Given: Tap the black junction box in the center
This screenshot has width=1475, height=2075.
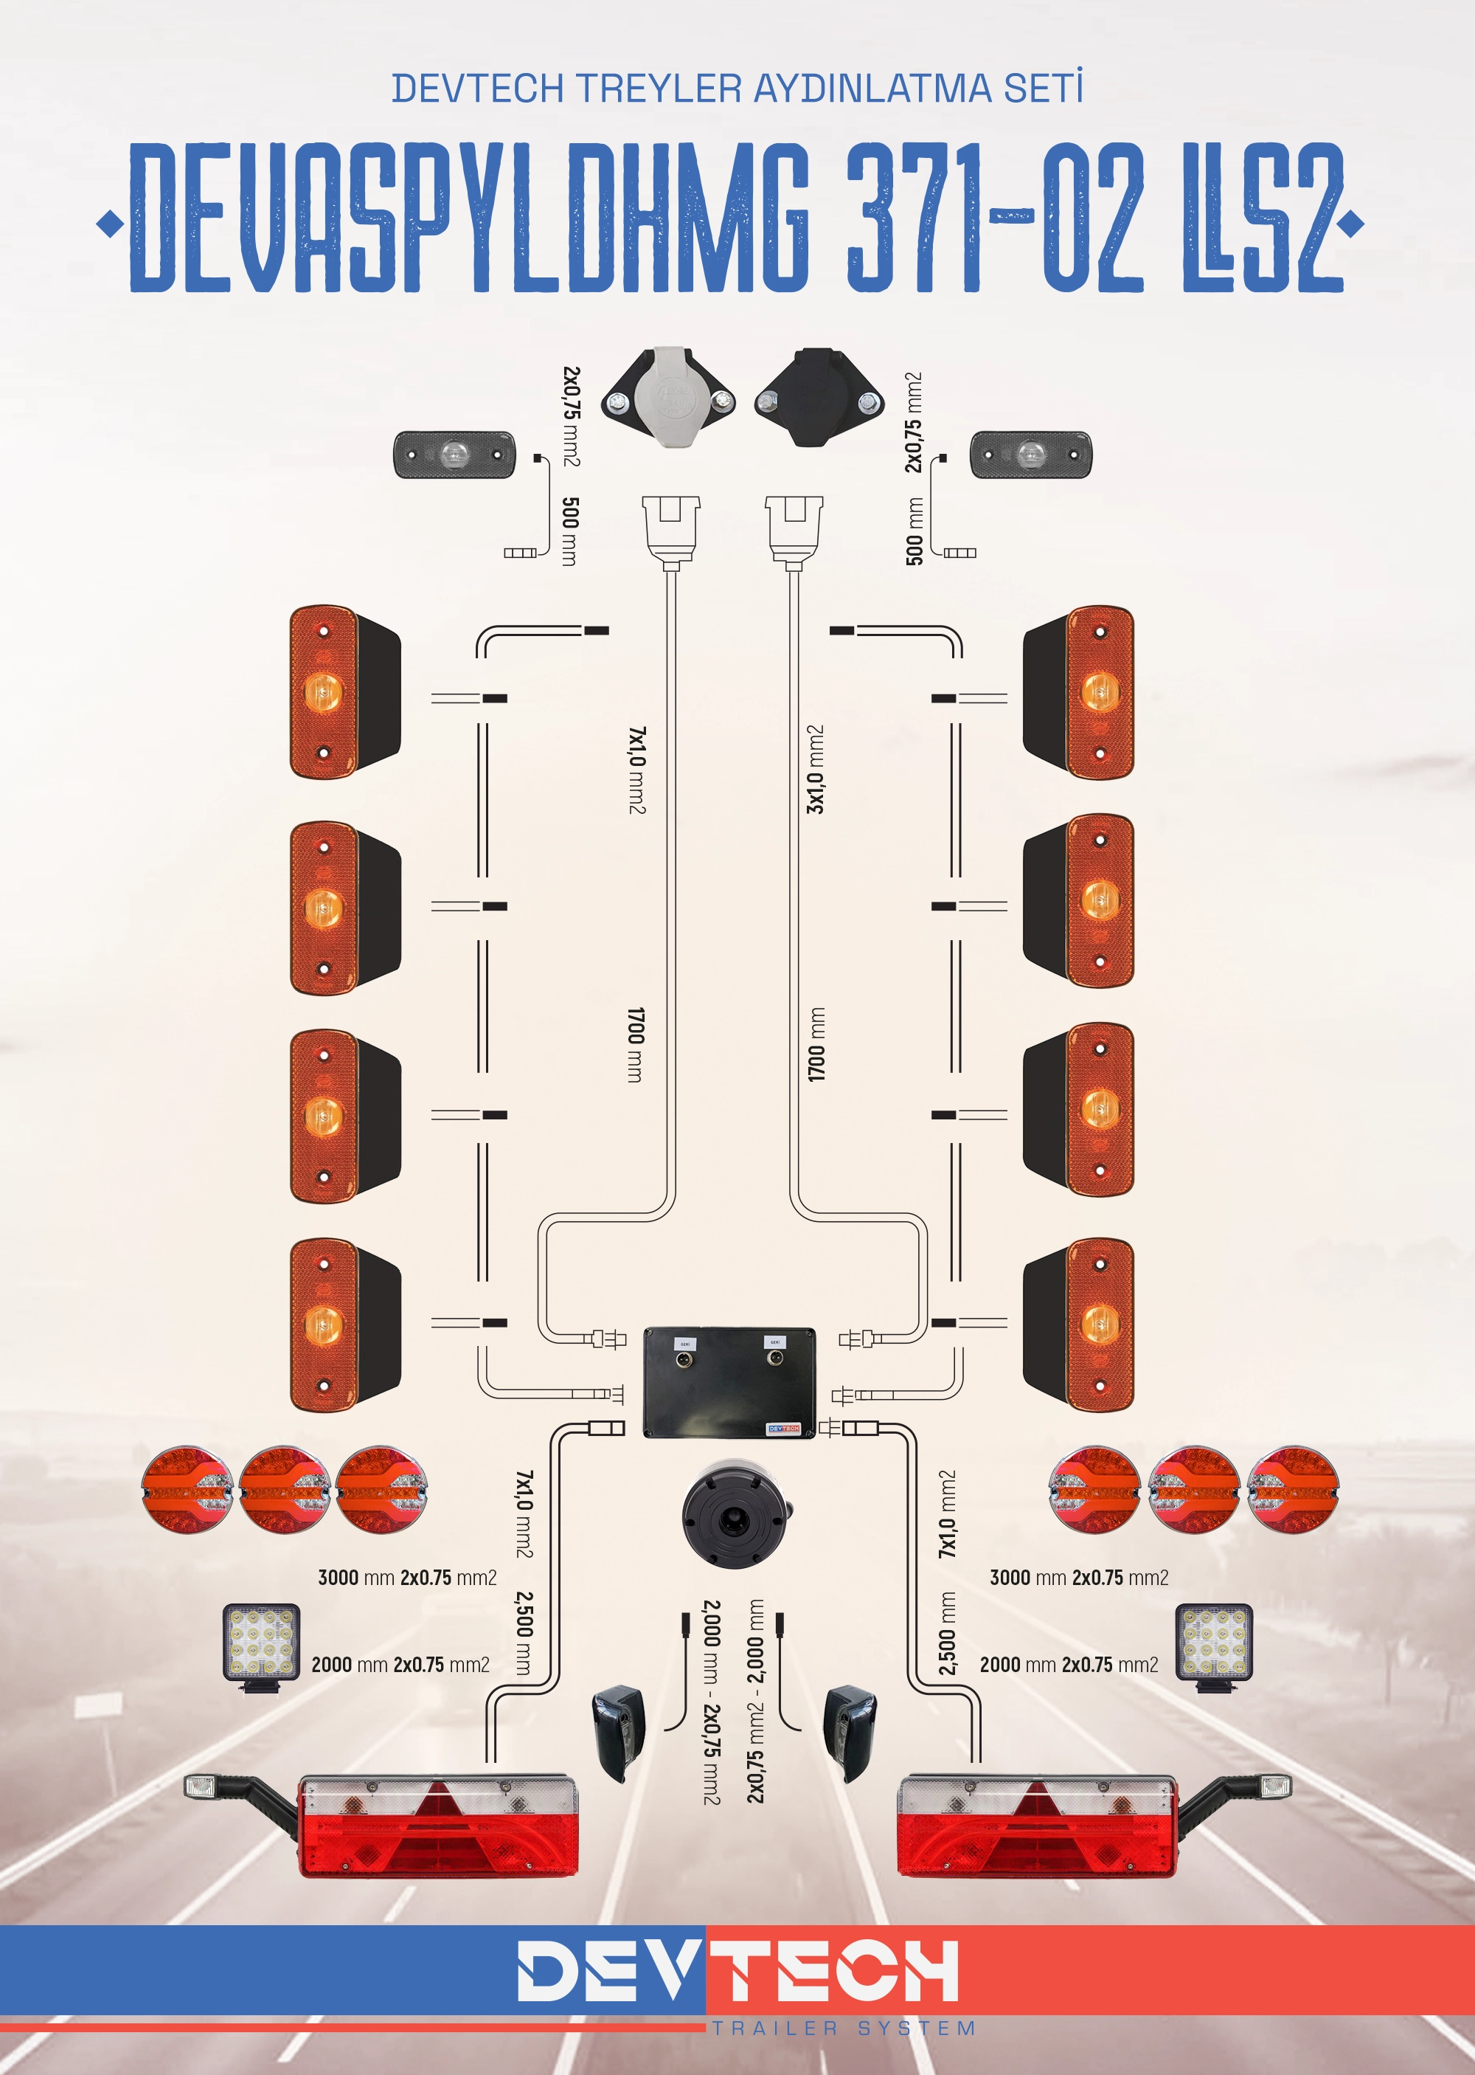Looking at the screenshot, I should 729,1383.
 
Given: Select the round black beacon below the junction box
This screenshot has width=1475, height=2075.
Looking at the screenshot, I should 737,1513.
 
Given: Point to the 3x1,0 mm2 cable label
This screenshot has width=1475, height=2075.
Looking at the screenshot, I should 816,769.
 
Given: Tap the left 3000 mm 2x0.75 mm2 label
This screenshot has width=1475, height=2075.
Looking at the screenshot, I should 407,1577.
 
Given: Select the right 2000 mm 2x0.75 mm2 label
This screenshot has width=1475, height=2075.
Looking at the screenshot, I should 1068,1665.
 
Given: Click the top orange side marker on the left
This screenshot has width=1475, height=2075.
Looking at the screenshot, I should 344,692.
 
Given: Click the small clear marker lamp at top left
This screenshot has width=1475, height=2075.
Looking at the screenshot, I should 454,455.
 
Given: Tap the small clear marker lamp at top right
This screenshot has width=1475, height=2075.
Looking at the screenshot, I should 1031,455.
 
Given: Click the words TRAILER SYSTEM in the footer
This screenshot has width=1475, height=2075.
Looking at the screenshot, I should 844,2028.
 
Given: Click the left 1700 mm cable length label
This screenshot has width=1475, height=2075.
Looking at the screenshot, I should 636,1044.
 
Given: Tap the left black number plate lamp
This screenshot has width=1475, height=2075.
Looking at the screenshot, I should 619,1732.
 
